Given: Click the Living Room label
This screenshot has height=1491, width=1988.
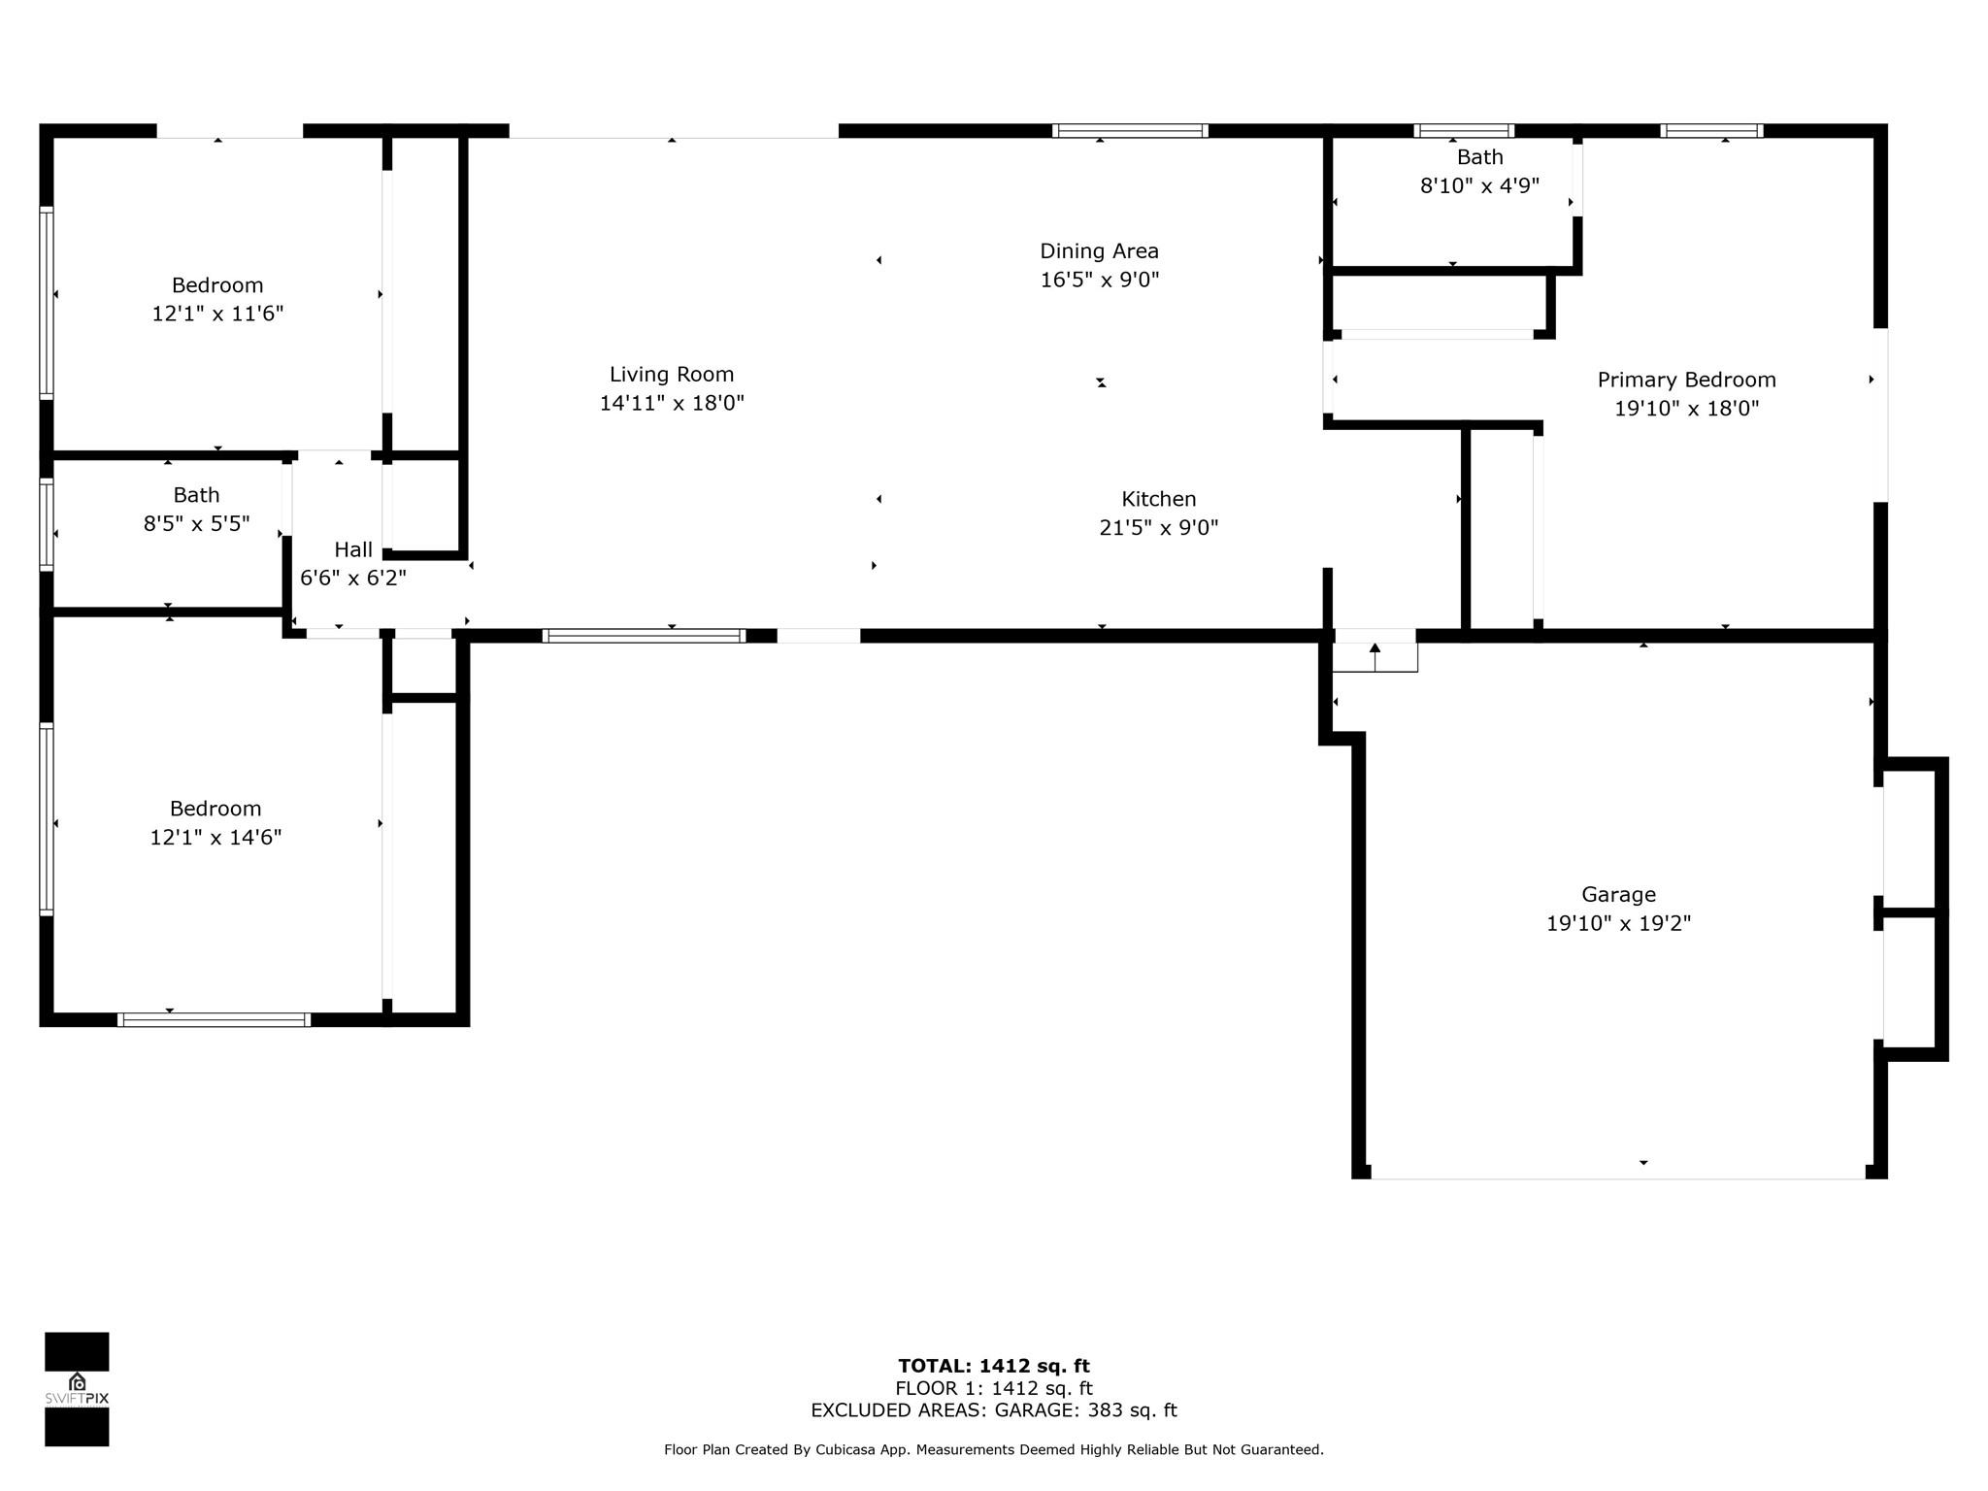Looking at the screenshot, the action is [672, 374].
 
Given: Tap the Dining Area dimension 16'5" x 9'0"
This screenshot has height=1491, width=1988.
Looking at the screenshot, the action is [1100, 280].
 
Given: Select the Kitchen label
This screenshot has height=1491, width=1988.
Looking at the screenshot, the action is [1159, 499].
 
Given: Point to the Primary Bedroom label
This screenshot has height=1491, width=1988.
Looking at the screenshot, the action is [1687, 380].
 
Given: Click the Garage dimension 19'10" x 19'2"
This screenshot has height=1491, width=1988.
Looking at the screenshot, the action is [1618, 923].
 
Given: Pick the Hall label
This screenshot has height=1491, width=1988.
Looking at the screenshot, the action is [353, 549].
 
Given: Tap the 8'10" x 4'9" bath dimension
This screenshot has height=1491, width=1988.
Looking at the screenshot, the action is [1480, 185].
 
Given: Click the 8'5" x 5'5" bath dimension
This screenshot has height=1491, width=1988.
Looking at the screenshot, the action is [197, 524].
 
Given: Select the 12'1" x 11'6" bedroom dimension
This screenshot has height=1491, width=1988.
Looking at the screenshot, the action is [217, 314].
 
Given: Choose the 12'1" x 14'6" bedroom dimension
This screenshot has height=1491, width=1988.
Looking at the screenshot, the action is [215, 837].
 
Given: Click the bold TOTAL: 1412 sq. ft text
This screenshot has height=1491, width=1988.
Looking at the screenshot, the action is [994, 1367].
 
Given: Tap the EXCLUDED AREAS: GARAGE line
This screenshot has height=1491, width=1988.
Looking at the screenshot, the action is [994, 1410].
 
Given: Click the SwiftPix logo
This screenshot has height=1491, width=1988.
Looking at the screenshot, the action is [77, 1389].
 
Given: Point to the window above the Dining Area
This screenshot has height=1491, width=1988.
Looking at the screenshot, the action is [1130, 131].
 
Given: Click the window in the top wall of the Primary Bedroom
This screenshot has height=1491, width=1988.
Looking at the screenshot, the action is [1711, 131].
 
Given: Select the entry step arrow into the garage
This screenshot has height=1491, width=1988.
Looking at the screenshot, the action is [1375, 657].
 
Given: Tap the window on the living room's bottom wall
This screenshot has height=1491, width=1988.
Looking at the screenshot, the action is [645, 636].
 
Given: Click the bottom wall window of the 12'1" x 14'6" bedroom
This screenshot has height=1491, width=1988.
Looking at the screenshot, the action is [214, 1020].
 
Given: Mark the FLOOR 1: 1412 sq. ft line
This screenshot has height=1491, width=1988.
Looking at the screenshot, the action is [994, 1389].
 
